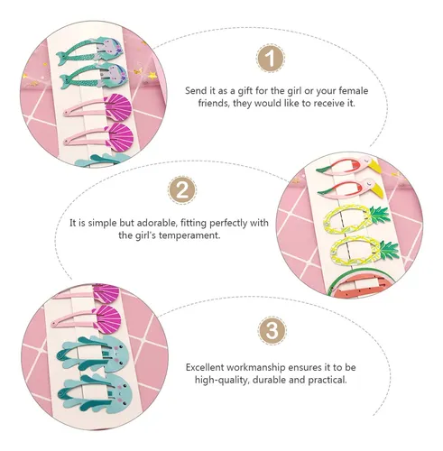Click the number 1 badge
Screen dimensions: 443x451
271,59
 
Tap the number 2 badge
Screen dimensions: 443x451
182,190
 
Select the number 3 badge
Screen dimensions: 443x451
272,331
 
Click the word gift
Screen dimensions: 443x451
245,91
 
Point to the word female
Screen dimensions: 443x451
354,90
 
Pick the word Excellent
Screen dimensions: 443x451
205,367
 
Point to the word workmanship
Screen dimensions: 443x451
255,367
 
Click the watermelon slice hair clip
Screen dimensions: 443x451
354,286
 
